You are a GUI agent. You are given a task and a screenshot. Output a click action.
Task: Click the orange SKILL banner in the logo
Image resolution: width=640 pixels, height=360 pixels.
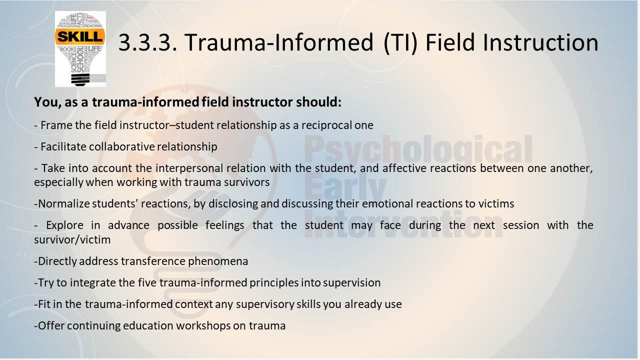[80, 36]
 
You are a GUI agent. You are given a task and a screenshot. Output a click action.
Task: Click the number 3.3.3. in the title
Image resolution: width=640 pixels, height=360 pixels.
[147, 42]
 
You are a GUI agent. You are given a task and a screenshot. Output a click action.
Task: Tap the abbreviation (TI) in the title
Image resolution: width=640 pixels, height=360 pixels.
[400, 43]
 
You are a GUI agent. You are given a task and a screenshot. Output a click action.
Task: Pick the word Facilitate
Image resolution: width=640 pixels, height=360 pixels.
[63, 146]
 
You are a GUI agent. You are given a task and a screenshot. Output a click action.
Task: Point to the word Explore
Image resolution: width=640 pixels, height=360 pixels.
[64, 225]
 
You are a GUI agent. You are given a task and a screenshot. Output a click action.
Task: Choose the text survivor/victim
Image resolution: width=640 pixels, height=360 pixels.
[72, 239]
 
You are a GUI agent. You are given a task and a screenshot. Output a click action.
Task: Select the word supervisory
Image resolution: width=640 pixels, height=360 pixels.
[265, 304]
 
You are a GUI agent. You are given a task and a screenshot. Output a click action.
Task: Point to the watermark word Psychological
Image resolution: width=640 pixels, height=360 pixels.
[418, 149]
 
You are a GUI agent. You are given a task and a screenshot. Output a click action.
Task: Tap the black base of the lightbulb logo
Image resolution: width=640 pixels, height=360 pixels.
[80, 79]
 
